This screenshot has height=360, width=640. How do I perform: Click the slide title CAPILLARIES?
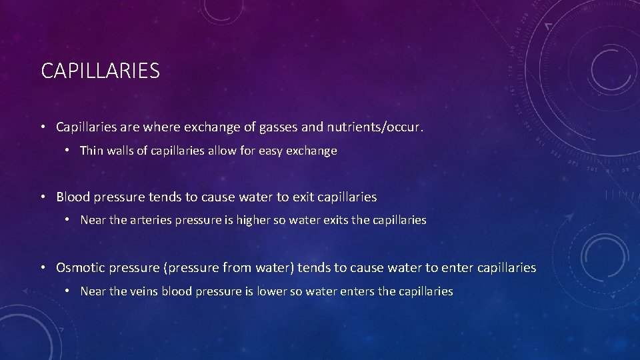click(100, 70)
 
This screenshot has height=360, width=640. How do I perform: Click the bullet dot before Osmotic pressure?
click(43, 268)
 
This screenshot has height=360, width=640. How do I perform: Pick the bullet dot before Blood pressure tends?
click(43, 197)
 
